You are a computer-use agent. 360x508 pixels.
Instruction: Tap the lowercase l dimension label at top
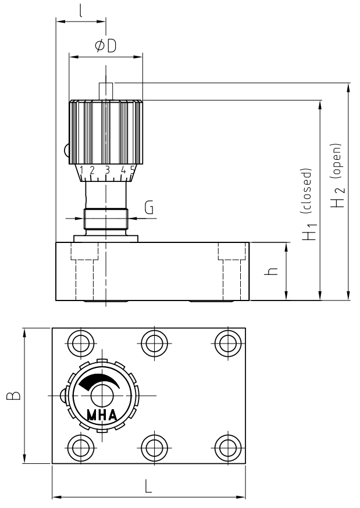(80, 10)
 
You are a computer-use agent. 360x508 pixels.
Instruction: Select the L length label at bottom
(149, 487)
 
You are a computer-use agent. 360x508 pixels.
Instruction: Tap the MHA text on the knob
(102, 415)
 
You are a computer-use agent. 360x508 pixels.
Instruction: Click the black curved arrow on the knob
(96, 381)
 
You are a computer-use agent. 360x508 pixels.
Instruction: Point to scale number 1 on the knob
(81, 170)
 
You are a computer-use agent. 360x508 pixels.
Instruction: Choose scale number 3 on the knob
(107, 170)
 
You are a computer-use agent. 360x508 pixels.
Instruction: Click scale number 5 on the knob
(133, 170)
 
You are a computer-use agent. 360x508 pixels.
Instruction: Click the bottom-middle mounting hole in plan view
(152, 448)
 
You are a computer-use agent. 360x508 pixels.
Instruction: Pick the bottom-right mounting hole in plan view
(225, 448)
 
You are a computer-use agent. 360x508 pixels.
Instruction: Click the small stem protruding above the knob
(106, 91)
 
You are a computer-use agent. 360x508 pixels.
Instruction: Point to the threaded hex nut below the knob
(105, 219)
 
